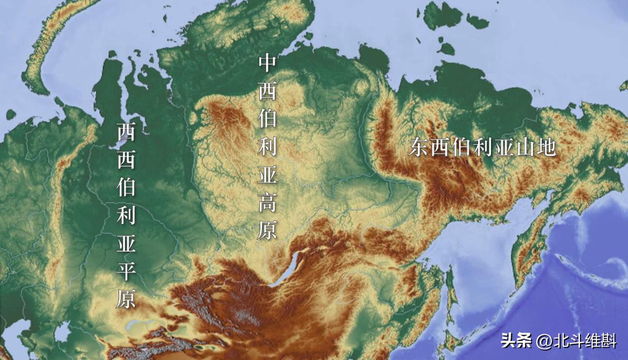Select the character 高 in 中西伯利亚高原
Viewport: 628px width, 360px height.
tap(267, 203)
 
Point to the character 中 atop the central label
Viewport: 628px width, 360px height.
tap(267, 64)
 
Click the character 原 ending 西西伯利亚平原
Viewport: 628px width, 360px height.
tap(126, 299)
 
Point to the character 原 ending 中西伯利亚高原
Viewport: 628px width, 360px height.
tap(267, 230)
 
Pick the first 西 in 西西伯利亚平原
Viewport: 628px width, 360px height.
tap(126, 131)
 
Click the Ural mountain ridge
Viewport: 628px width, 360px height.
tap(62, 173)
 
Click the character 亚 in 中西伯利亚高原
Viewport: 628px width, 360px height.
tap(267, 175)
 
